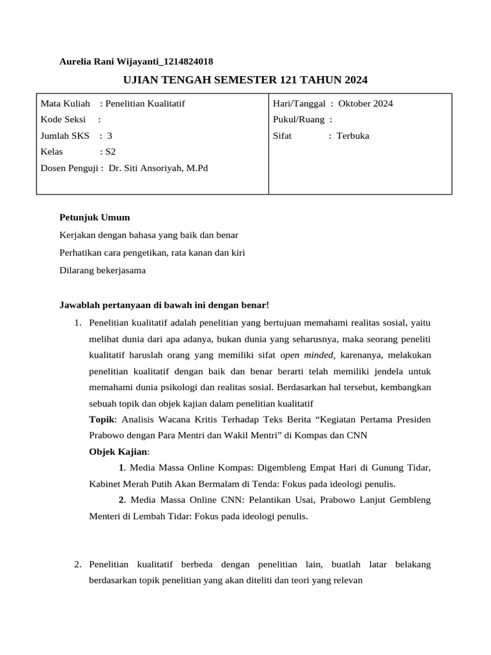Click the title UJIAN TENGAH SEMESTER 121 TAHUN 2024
245,80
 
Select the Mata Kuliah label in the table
65,104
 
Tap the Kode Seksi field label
63,120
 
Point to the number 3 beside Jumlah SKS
110,136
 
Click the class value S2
111,152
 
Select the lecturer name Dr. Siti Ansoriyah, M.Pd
159,168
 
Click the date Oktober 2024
366,104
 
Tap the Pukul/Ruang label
299,120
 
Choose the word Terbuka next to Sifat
353,136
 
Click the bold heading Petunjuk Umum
95,217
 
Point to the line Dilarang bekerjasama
102,270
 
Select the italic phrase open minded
307,355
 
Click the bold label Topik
102,419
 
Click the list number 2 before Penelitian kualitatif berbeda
77,564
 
